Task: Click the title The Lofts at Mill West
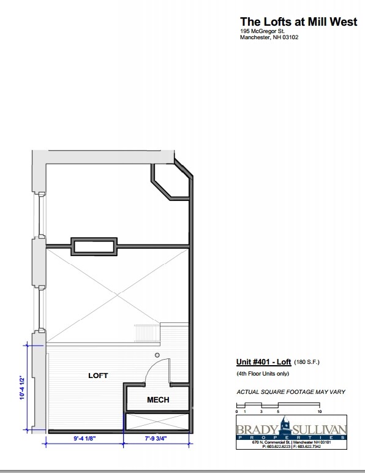[x=298, y=22]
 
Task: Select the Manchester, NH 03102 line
[x=269, y=37]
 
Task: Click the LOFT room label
[x=98, y=375]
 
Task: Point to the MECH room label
[x=158, y=400]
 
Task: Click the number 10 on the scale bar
[x=319, y=411]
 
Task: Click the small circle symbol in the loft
[x=157, y=355]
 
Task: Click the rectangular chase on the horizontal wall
[x=94, y=246]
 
